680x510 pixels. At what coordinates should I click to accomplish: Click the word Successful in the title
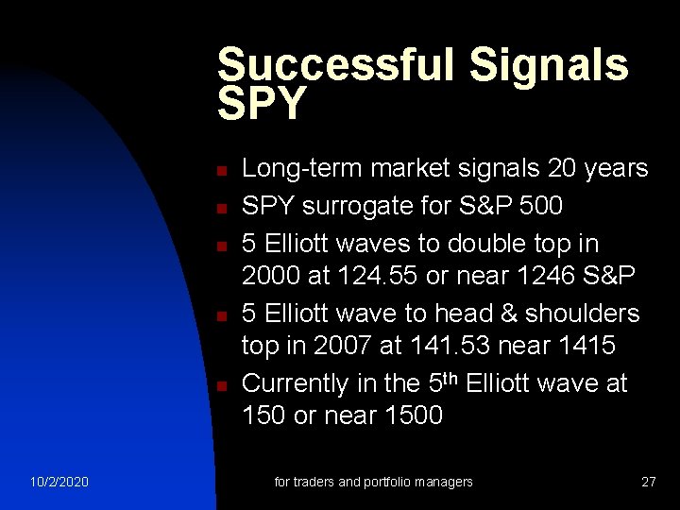pyautogui.click(x=335, y=65)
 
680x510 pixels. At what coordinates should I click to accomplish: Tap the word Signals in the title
pyautogui.click(x=549, y=65)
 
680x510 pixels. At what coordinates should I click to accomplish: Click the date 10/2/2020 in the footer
pyautogui.click(x=59, y=482)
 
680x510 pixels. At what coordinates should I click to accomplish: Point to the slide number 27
pyautogui.click(x=648, y=482)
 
